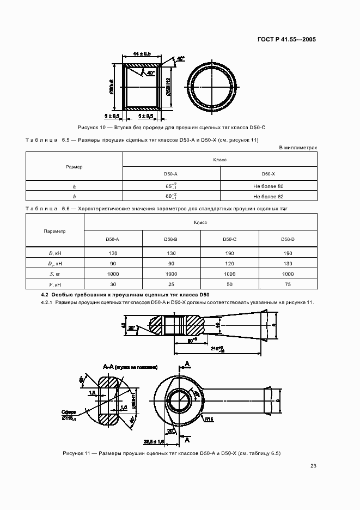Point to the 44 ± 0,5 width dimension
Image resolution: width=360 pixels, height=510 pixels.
142,53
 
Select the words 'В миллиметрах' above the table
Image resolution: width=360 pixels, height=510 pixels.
298,148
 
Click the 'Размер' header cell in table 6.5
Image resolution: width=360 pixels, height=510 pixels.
74,166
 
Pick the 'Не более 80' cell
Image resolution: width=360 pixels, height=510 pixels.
269,186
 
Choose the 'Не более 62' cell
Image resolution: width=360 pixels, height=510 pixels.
269,196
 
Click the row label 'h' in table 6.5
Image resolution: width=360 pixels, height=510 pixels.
74,186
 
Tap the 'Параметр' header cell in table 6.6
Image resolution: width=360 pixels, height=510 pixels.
54,231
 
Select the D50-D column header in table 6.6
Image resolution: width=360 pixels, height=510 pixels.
288,239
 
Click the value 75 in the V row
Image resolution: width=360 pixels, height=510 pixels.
288,284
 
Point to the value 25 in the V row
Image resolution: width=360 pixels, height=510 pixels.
172,284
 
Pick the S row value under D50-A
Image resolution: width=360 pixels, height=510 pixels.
113,274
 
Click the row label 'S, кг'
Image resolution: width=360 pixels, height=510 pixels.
54,274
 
